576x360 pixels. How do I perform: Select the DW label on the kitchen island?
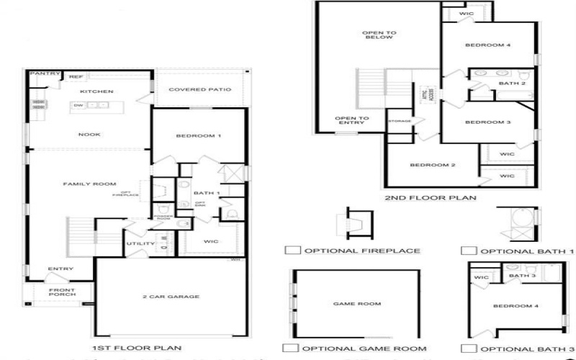coord(78,105)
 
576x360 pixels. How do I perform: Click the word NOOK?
coord(89,134)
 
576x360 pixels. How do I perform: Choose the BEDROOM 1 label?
coord(199,135)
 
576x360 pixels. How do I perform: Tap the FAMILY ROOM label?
coord(89,184)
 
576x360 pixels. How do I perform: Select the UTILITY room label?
coord(140,243)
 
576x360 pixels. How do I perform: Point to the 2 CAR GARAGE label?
coord(171,297)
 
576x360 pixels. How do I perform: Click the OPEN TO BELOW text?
coord(377,34)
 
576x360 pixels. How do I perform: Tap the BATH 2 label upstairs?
coord(508,84)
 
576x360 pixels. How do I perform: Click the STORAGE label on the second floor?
coord(400,121)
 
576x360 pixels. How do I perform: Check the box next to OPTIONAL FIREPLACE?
coord(292,251)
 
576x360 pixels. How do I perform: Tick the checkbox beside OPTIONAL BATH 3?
coord(469,348)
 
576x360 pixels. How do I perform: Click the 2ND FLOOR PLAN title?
coord(431,197)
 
